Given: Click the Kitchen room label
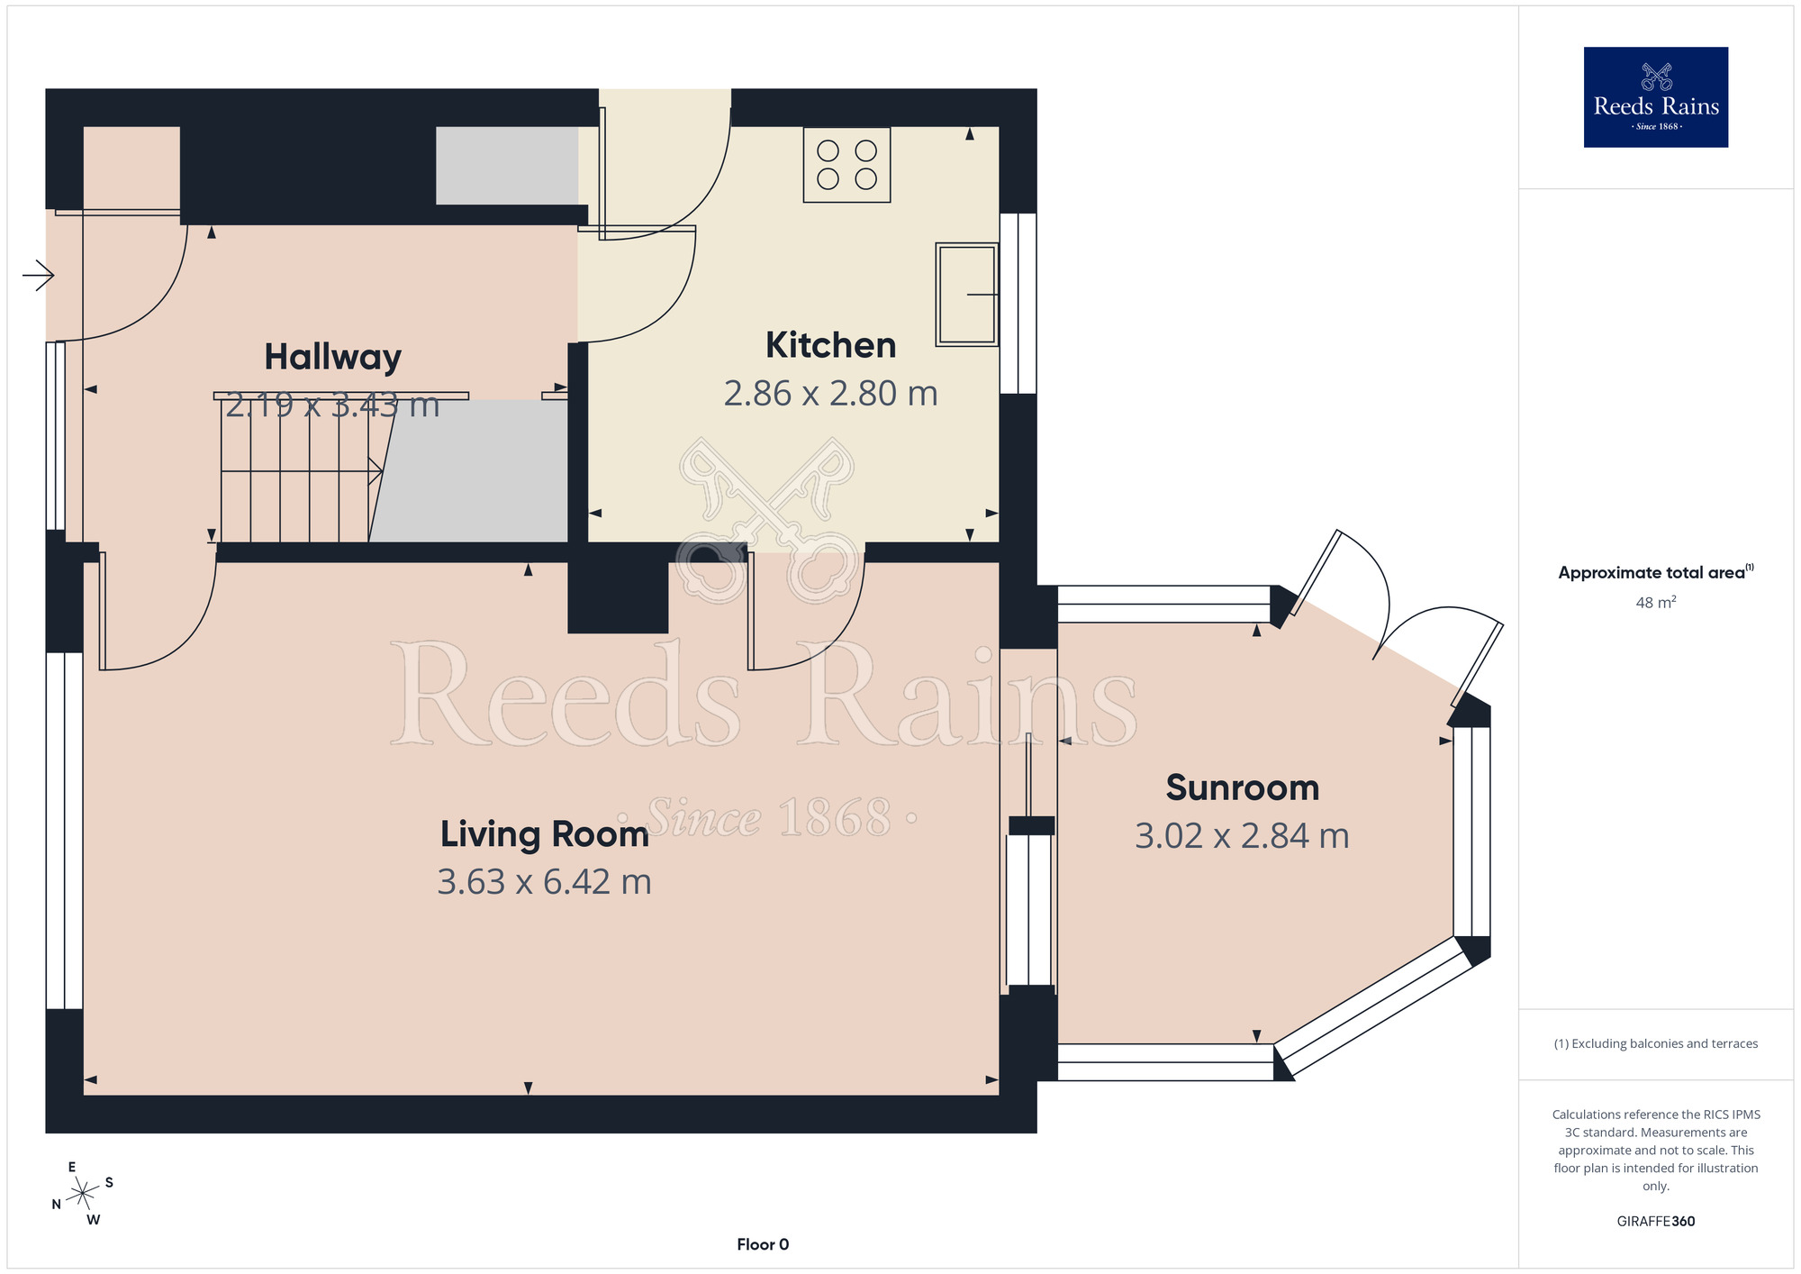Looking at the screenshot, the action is tap(830, 345).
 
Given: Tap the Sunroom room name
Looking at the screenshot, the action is tap(1243, 787).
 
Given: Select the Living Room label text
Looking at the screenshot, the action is tap(544, 834).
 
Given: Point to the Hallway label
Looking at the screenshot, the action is tap(333, 358).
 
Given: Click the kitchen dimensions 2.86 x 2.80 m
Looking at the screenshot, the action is tap(830, 394).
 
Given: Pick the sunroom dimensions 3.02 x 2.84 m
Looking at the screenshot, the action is tap(1243, 836).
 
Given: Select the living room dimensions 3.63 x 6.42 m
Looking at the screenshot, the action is tap(544, 882).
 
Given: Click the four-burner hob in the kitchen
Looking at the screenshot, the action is tap(846, 165).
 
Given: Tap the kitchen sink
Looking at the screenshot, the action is tap(967, 295).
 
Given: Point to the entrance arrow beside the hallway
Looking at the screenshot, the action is tap(38, 276).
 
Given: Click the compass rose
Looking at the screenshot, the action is tap(83, 1194).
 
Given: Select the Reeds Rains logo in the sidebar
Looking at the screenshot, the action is tap(1656, 97).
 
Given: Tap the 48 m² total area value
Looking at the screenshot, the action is tap(1656, 602).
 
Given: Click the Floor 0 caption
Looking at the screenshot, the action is tap(763, 1244).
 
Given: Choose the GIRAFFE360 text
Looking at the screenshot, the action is tap(1656, 1222).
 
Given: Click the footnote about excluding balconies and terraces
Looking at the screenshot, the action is tap(1656, 1043).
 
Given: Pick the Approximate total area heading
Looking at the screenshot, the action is tap(1656, 572).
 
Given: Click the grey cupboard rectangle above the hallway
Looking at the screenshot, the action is tap(507, 166).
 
